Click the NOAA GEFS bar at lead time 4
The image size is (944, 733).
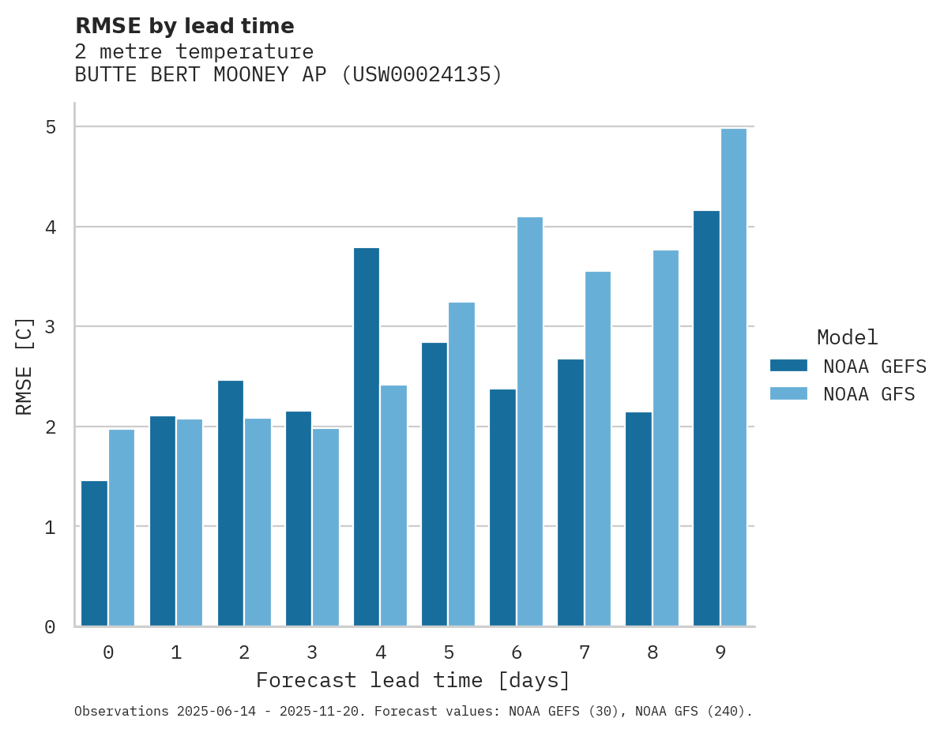tap(367, 437)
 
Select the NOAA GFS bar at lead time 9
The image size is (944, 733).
tap(734, 378)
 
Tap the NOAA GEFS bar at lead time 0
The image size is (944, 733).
tap(94, 553)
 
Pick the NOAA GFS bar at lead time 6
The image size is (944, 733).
tap(529, 422)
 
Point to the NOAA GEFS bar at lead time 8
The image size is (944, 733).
tap(638, 519)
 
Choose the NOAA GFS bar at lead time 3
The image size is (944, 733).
tap(325, 527)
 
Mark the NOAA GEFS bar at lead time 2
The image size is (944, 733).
tap(231, 503)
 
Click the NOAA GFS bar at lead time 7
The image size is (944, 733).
tap(597, 449)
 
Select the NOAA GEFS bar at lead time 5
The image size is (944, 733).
tap(434, 484)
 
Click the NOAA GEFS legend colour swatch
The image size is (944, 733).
tap(788, 366)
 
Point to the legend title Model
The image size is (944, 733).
tap(847, 337)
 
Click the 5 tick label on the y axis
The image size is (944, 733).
tap(50, 127)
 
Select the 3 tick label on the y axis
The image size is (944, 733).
tap(50, 327)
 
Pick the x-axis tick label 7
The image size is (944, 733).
tap(585, 652)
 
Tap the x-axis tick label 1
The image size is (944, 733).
tap(176, 652)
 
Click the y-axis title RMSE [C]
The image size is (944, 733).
tap(25, 366)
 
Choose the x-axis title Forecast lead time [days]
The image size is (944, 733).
tap(413, 680)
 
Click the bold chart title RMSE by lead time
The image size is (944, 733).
tap(184, 26)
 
